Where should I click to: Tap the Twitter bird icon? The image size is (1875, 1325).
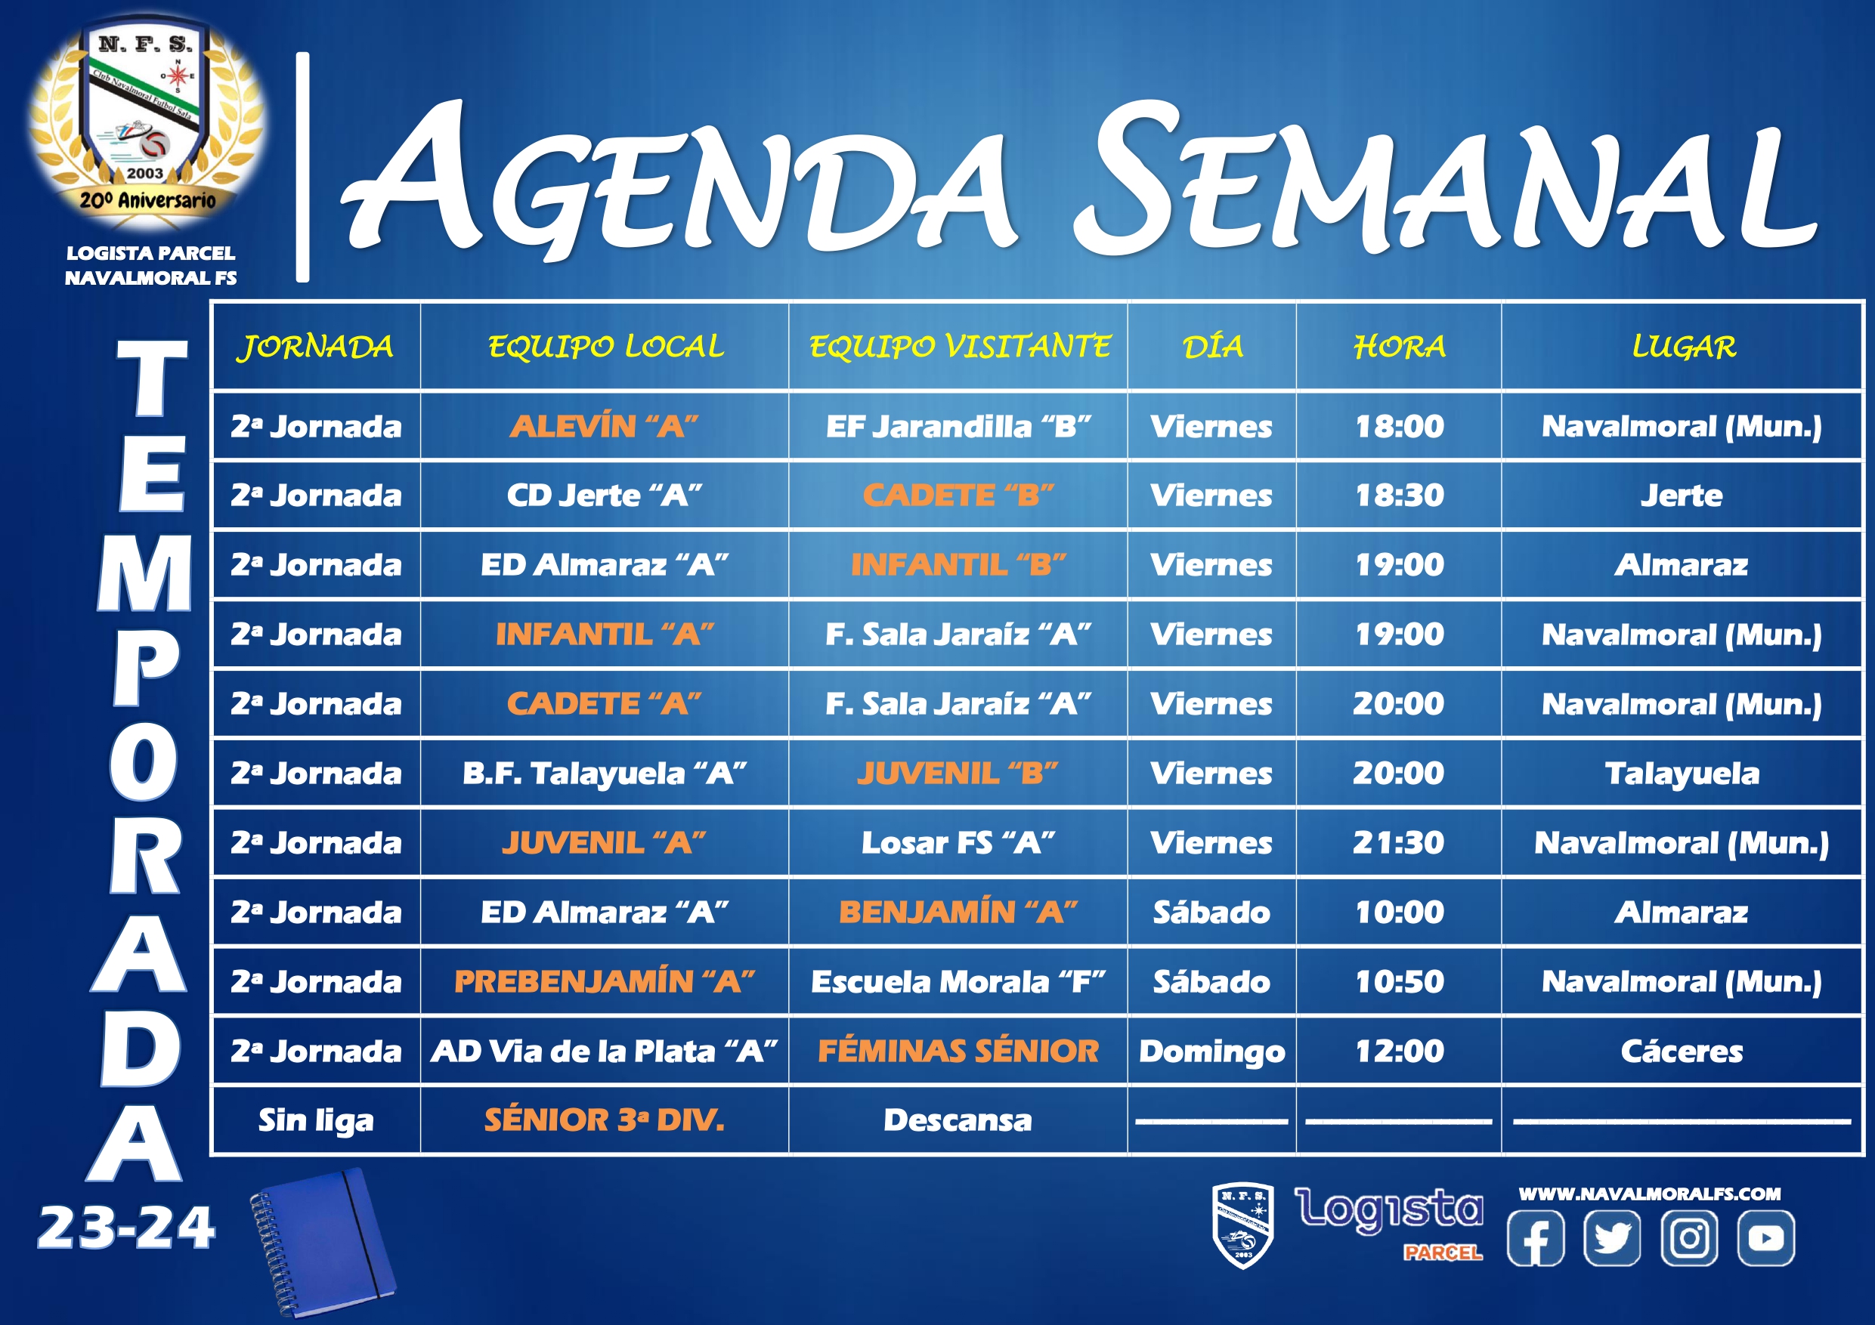pyautogui.click(x=1611, y=1237)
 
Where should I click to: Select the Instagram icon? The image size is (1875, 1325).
pyautogui.click(x=1689, y=1237)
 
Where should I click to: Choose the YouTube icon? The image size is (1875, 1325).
pyautogui.click(x=1765, y=1237)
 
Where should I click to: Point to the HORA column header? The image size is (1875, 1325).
pyautogui.click(x=1399, y=347)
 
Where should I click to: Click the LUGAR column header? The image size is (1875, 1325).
pyautogui.click(x=1683, y=347)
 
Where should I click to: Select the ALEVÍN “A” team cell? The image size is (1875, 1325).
pyautogui.click(x=605, y=426)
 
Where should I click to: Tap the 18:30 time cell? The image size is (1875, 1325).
pyautogui.click(x=1399, y=496)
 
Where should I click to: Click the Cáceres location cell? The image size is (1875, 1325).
pyautogui.click(x=1682, y=1052)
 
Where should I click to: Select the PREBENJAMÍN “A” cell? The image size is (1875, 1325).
pyautogui.click(x=605, y=981)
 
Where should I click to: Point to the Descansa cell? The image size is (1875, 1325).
pyautogui.click(x=958, y=1120)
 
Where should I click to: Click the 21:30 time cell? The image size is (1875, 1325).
pyautogui.click(x=1399, y=842)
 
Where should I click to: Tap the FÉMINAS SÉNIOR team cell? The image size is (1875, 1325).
pyautogui.click(x=958, y=1051)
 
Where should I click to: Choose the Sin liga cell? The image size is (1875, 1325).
pyautogui.click(x=316, y=1121)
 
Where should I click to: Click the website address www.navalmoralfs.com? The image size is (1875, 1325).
pyautogui.click(x=1650, y=1194)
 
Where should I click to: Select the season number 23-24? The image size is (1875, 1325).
pyautogui.click(x=126, y=1228)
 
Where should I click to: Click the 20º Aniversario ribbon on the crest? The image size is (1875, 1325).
pyautogui.click(x=148, y=200)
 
